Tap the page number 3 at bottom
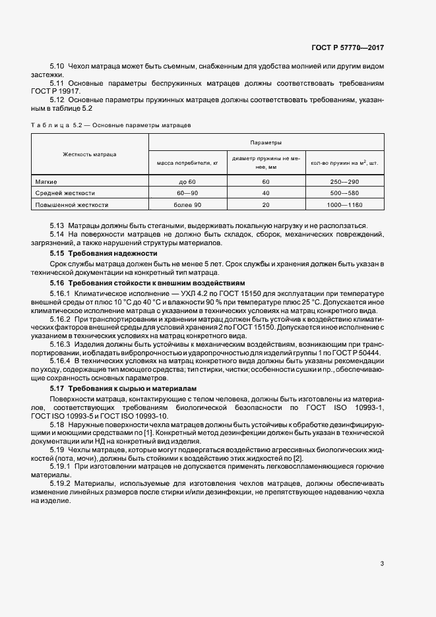tap(383, 563)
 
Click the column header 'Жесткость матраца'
tap(90, 154)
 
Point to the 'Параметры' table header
tap(266, 142)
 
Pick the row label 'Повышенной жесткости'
tap(71, 205)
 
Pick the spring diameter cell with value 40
tap(266, 193)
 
